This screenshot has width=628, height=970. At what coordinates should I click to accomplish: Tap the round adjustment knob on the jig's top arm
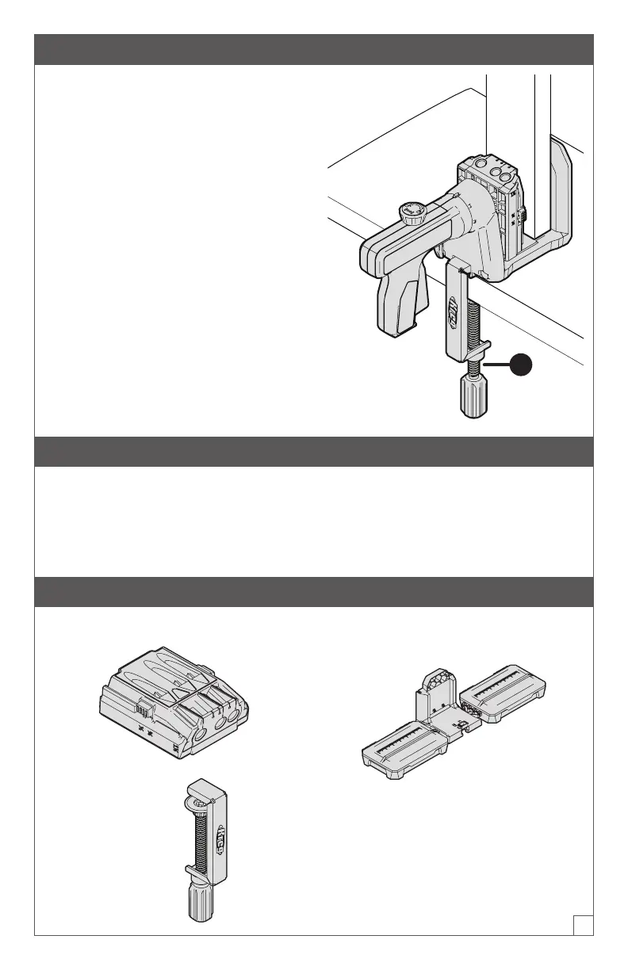[411, 213]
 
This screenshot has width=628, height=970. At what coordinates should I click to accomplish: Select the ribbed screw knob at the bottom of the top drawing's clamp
[474, 395]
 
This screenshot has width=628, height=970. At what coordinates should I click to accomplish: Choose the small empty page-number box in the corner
[584, 924]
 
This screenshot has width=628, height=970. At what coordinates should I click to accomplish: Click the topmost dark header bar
[314, 49]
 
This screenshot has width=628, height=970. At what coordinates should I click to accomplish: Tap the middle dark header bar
[314, 451]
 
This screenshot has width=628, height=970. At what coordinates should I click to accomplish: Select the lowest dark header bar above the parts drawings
[314, 592]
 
